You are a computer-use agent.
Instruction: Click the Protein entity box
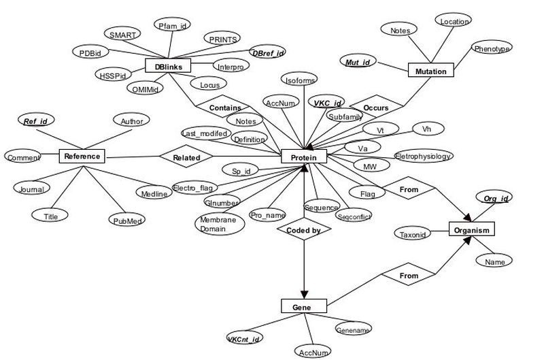tap(304, 157)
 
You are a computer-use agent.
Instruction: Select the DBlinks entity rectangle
tap(168, 66)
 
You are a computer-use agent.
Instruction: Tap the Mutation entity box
tap(431, 71)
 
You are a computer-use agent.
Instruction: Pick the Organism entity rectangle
tap(472, 230)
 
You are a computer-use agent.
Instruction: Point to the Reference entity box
tap(82, 156)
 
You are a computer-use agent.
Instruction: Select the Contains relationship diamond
tap(224, 108)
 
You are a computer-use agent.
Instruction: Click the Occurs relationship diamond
tap(376, 108)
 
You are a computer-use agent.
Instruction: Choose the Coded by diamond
tap(303, 230)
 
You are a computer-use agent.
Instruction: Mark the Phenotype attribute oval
tap(492, 49)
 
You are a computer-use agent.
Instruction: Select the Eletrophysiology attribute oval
tap(423, 157)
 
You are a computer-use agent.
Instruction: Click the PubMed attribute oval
tap(126, 220)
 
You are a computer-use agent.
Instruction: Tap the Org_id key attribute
tap(495, 198)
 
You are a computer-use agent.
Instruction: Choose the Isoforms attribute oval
tap(300, 81)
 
